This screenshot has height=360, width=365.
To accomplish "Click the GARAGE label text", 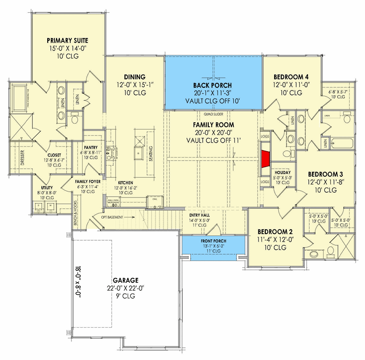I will (x=119, y=280).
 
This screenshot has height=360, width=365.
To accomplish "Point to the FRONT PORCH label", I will (x=212, y=241).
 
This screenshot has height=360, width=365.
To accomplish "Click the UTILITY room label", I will (x=47, y=187).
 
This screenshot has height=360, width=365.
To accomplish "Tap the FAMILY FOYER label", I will (x=87, y=181).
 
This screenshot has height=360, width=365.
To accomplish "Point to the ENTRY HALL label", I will (x=198, y=215).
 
